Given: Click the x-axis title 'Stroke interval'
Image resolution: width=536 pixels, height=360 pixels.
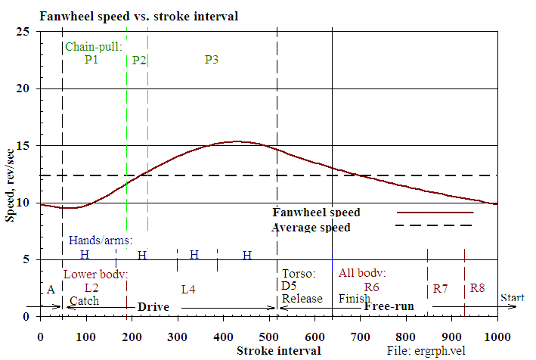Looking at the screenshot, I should tap(278, 351).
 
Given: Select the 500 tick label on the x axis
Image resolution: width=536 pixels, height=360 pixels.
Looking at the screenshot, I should tap(268, 336).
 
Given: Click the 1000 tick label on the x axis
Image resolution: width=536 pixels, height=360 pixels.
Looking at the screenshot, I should tap(497, 336).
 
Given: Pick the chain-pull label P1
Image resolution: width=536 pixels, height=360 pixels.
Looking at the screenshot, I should tap(91, 60).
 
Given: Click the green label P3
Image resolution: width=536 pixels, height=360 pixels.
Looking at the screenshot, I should tap(212, 60).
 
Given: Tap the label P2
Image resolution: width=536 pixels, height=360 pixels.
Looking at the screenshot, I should tap(139, 60).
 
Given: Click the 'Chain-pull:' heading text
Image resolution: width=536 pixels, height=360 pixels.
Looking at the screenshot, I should tap(94, 47).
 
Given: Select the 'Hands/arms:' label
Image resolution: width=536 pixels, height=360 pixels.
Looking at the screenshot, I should tap(101, 241).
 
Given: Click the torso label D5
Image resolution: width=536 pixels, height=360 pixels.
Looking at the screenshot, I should tap(289, 286).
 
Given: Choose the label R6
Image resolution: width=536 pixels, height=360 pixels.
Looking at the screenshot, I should tap(371, 287).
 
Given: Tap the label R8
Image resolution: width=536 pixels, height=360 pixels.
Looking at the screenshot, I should tap(477, 288).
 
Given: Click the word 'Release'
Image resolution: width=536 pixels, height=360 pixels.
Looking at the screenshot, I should tap(302, 299).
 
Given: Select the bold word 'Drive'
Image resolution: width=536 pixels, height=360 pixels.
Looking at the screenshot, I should tap(153, 307).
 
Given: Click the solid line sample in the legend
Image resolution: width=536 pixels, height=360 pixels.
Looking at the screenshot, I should tap(435, 213).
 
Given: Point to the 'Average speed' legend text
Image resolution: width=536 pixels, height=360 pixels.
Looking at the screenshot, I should tap(311, 227).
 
